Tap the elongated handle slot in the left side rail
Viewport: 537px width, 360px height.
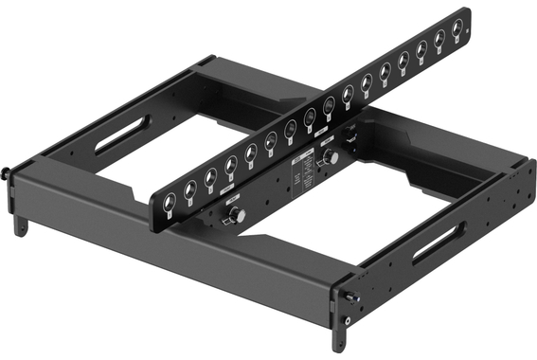point(121,134)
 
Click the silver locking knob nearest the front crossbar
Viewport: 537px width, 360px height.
point(234,217)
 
